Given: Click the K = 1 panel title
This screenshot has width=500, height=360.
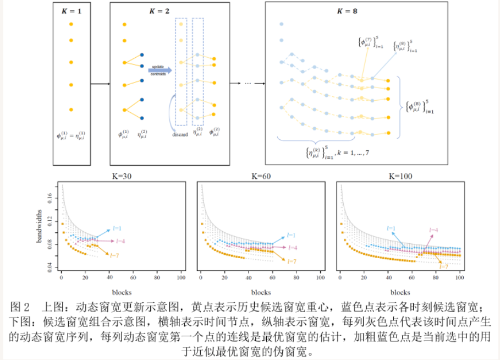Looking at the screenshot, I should (x=71, y=10).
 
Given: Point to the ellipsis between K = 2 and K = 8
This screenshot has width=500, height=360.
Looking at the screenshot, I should (x=248, y=84).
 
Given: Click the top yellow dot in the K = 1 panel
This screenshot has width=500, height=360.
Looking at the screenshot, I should (x=71, y=24).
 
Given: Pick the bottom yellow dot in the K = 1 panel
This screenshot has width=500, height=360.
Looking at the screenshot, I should (x=71, y=110).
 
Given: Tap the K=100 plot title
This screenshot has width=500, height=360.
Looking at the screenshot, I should (x=400, y=177).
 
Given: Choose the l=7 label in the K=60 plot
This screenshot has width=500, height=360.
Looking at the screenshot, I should (x=292, y=261).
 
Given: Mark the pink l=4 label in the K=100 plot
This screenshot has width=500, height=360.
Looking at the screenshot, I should (x=433, y=230).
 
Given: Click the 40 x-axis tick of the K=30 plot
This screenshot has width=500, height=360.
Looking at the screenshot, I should (x=109, y=279).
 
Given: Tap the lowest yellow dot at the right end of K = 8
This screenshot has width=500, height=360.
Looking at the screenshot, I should (x=388, y=133).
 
